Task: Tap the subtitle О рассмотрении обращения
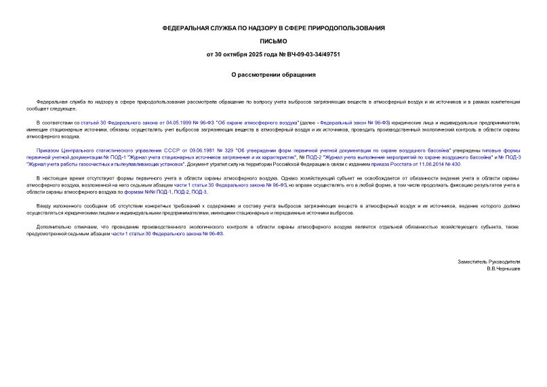273,75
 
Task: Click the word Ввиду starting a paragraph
45,206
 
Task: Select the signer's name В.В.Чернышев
502,268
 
